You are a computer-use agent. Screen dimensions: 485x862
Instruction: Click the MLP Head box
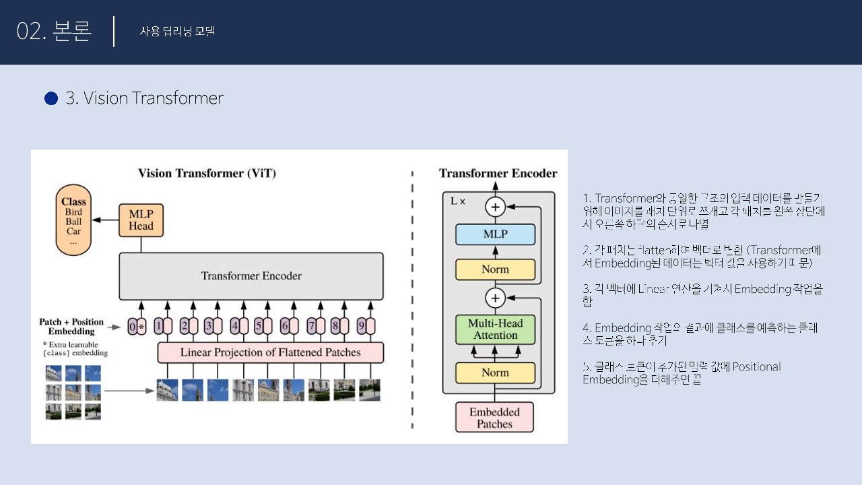click(x=141, y=220)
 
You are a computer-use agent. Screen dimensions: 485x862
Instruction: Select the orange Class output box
click(x=73, y=222)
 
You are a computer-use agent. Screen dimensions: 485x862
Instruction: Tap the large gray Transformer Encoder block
click(x=251, y=276)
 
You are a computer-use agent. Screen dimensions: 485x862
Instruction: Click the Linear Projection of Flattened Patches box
click(x=270, y=352)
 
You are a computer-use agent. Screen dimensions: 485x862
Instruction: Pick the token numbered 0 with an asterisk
click(x=137, y=327)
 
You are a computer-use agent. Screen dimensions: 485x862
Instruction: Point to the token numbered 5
click(x=262, y=327)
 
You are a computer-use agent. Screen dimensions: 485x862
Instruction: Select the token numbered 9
click(x=366, y=327)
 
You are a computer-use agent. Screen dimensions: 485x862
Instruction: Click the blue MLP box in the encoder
click(x=496, y=234)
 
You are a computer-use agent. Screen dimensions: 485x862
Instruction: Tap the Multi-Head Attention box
click(x=496, y=329)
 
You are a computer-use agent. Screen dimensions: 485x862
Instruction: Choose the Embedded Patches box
click(x=495, y=418)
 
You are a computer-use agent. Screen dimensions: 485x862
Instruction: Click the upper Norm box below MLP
click(x=496, y=269)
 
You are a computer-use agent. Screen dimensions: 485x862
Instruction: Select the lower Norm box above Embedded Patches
click(x=496, y=373)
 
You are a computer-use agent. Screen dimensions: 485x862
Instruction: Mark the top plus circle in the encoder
click(x=496, y=207)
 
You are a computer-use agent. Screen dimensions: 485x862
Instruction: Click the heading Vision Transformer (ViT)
click(x=207, y=173)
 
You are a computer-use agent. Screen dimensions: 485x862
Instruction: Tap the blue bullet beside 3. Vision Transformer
click(x=51, y=98)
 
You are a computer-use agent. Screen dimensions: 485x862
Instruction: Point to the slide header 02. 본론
click(x=54, y=32)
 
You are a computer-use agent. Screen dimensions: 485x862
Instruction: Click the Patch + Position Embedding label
click(x=72, y=327)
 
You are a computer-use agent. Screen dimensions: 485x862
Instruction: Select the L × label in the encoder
click(x=458, y=201)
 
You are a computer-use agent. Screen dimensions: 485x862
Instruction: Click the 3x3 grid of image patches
click(x=73, y=392)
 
